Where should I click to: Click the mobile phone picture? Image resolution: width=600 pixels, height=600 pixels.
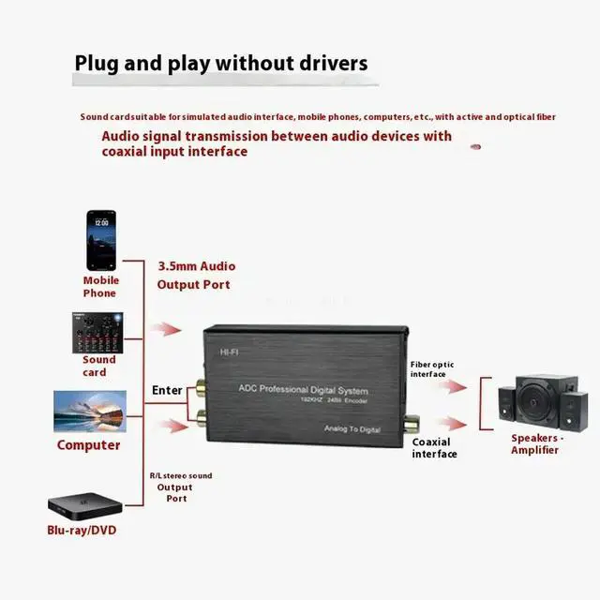point(101,239)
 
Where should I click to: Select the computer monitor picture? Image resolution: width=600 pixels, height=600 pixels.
point(90,413)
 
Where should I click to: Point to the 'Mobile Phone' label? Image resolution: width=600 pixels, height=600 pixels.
point(100,286)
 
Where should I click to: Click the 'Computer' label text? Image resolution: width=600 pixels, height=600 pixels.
point(89,445)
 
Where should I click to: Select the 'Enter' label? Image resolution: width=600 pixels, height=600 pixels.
point(168,390)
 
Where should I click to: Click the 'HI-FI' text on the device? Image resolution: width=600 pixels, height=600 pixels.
point(230,352)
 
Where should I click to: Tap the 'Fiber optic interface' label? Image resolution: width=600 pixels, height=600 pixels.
point(433,368)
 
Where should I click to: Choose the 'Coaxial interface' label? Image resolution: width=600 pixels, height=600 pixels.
point(434,448)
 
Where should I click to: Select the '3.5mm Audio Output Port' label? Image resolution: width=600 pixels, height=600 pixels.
point(195,276)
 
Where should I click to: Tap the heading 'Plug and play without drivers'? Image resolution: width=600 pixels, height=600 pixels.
point(221,64)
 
